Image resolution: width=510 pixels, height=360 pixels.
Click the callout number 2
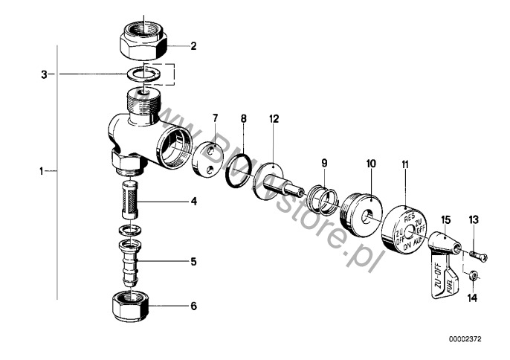pyautogui.click(x=193, y=46)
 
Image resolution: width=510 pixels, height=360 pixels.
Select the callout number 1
pyautogui.click(x=42, y=171)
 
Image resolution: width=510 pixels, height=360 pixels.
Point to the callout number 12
pyautogui.click(x=274, y=119)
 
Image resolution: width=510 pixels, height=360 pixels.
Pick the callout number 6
pyautogui.click(x=193, y=306)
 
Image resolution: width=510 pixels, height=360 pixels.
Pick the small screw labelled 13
pyautogui.click(x=477, y=255)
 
